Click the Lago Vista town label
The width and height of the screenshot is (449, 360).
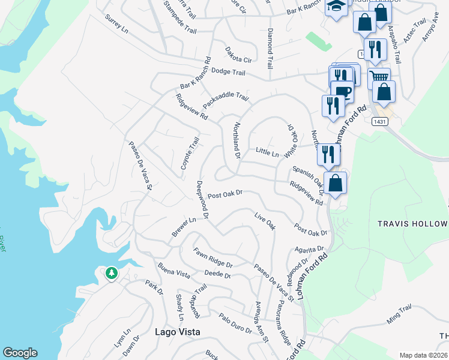tap(177, 331)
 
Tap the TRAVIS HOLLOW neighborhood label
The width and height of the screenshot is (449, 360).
tap(412, 223)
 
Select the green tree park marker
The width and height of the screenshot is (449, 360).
tap(111, 274)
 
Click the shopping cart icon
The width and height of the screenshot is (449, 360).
tap(378, 77)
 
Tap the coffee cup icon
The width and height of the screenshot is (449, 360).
tap(343, 92)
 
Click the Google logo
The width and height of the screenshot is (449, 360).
tap(20, 353)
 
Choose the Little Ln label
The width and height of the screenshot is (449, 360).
tap(267, 153)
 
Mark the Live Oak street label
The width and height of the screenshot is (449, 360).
tap(264, 221)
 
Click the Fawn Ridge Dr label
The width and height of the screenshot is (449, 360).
tap(212, 257)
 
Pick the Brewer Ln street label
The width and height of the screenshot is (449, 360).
tap(184, 227)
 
